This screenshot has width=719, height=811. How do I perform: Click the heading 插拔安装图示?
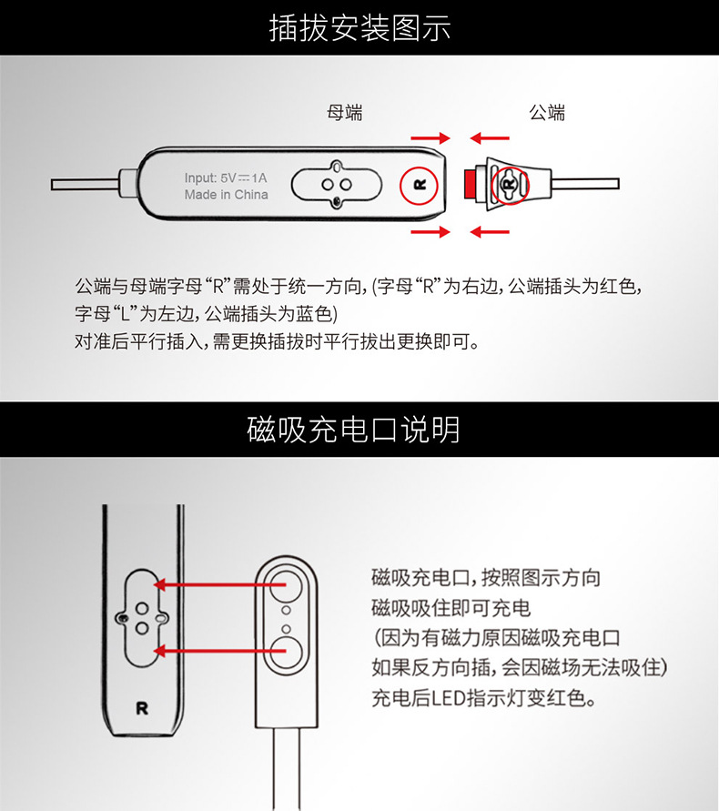pyautogui.click(x=359, y=28)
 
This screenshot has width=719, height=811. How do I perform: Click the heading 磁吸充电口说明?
pyautogui.click(x=359, y=428)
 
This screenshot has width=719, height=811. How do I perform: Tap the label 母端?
pyautogui.click(x=344, y=113)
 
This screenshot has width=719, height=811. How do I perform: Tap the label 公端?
pyautogui.click(x=547, y=113)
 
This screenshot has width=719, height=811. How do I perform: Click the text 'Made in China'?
pyautogui.click(x=226, y=195)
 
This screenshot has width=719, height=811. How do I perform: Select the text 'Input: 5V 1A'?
pyautogui.click(x=226, y=177)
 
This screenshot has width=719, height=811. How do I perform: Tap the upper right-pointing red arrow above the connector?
pyautogui.click(x=430, y=138)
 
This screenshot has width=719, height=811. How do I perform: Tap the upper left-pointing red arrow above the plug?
pyautogui.click(x=490, y=138)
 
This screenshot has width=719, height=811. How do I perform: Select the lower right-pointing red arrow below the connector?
pyautogui.click(x=430, y=232)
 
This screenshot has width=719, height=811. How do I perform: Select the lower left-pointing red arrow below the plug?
pyautogui.click(x=490, y=232)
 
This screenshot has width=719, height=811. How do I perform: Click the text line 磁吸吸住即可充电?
pyautogui.click(x=451, y=608)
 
